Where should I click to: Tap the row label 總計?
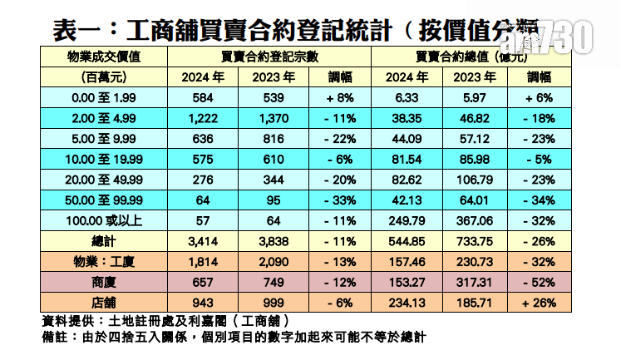(x=104, y=242)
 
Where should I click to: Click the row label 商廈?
(x=104, y=283)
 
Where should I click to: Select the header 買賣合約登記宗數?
(x=269, y=57)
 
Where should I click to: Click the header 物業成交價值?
(x=104, y=57)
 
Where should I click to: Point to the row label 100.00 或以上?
(x=104, y=221)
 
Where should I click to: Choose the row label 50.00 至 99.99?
(x=104, y=200)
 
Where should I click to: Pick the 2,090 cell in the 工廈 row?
(x=269, y=262)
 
